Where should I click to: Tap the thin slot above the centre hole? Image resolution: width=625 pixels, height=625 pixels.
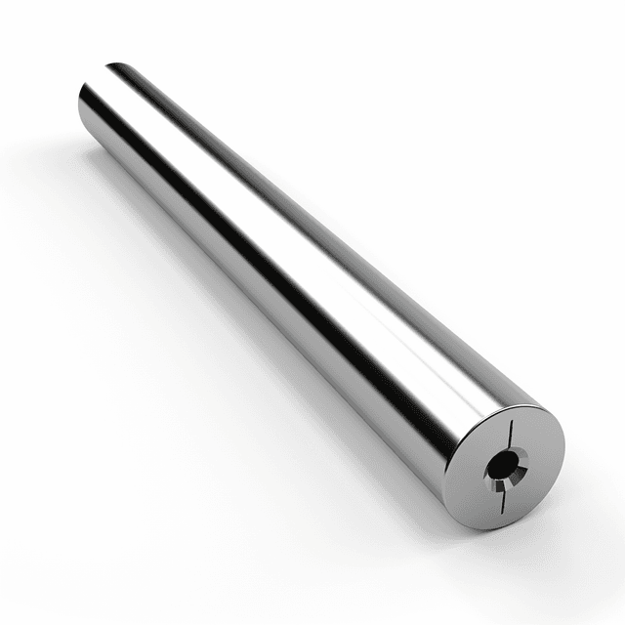[x=509, y=435]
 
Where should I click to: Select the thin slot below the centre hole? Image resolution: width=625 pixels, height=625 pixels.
[x=503, y=499]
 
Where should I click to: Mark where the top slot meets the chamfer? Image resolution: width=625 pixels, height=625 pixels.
[x=509, y=449]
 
